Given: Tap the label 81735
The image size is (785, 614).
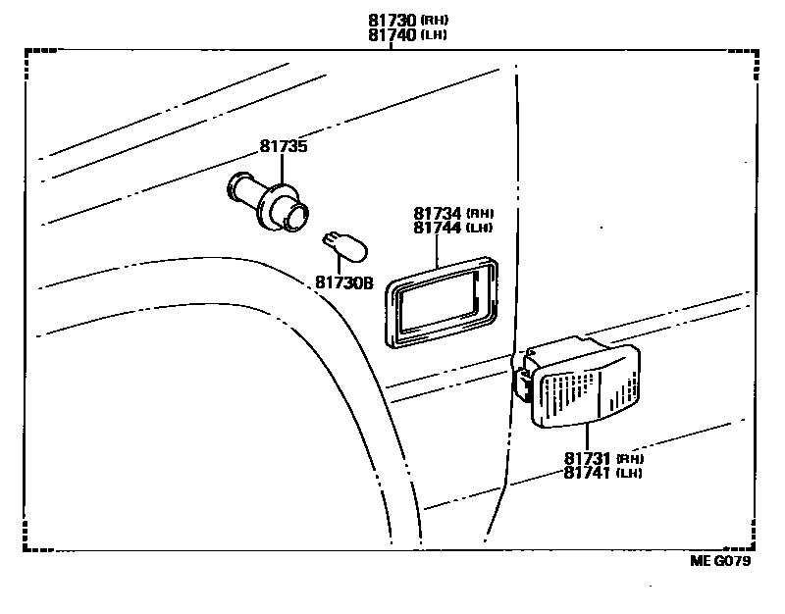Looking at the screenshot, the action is [x=284, y=147].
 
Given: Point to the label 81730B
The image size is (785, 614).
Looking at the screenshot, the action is [x=344, y=282].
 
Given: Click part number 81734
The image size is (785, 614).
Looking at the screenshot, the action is [x=438, y=213].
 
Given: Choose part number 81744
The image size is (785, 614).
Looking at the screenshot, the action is [x=438, y=228].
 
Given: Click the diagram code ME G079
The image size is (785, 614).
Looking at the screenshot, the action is [x=721, y=562].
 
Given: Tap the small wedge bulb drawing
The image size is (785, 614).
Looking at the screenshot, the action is [x=344, y=247].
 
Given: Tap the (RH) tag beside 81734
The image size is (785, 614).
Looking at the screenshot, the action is [x=479, y=214].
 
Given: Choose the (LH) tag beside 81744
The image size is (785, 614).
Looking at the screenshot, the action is [x=479, y=229].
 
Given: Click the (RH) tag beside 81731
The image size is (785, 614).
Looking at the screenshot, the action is [x=630, y=459].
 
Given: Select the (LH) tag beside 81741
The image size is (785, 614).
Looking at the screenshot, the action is [x=630, y=474].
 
